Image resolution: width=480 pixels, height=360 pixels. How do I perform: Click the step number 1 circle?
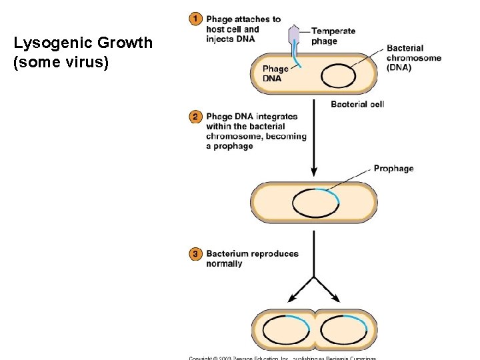click(x=195, y=19)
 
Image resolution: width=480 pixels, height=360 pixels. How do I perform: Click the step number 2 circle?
click(x=195, y=117)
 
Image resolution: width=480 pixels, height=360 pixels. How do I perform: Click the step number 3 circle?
click(x=195, y=254)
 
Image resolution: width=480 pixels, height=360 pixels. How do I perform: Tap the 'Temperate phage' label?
click(x=333, y=36)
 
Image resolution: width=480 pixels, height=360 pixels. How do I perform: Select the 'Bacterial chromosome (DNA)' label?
click(x=413, y=58)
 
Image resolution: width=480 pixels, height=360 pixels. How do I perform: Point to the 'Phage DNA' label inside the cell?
click(x=275, y=73)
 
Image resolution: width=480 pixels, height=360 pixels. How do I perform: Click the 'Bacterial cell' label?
click(x=357, y=104)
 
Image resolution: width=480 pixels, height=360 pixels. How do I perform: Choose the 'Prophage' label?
click(x=393, y=169)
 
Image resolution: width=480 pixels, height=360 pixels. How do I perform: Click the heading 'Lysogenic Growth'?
click(x=83, y=43)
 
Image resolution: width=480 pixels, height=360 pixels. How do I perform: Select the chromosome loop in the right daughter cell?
click(x=343, y=330)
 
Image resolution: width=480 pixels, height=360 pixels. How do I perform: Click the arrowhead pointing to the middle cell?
click(x=314, y=173)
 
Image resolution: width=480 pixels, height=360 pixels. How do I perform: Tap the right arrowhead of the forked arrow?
click(x=337, y=299)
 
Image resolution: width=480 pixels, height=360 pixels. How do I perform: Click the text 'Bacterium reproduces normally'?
click(x=243, y=259)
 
